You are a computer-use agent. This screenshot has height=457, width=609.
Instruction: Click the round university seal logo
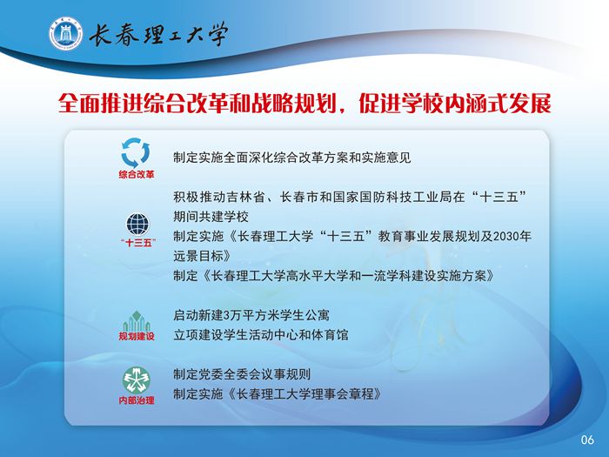tap(65, 33)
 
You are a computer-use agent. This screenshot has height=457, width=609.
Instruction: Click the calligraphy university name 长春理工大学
tap(158, 35)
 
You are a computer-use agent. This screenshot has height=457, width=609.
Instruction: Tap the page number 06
tap(587, 440)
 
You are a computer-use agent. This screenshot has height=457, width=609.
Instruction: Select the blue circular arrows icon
tap(136, 153)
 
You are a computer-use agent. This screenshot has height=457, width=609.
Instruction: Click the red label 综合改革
tap(137, 174)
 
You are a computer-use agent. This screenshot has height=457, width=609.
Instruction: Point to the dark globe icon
tap(137, 225)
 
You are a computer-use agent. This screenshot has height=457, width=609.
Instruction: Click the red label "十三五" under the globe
tap(137, 243)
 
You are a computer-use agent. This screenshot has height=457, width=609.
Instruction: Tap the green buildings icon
tap(137, 321)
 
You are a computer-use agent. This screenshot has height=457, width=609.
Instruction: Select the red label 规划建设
tap(137, 336)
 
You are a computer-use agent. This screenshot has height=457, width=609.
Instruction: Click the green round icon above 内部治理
tap(137, 380)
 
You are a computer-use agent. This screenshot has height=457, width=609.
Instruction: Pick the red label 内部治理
tap(137, 400)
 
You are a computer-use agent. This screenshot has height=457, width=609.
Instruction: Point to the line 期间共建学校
tap(211, 217)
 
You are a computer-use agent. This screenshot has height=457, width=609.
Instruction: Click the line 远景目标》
tap(203, 256)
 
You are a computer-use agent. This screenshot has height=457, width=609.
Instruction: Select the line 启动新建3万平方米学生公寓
tap(251, 315)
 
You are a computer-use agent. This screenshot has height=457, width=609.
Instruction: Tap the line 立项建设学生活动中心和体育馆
tap(261, 334)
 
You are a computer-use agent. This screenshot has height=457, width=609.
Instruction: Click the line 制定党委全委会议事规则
tap(242, 374)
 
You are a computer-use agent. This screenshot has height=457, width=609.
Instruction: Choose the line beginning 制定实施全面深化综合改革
tap(292, 158)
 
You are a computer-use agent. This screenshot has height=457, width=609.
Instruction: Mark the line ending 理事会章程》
tap(278, 394)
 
